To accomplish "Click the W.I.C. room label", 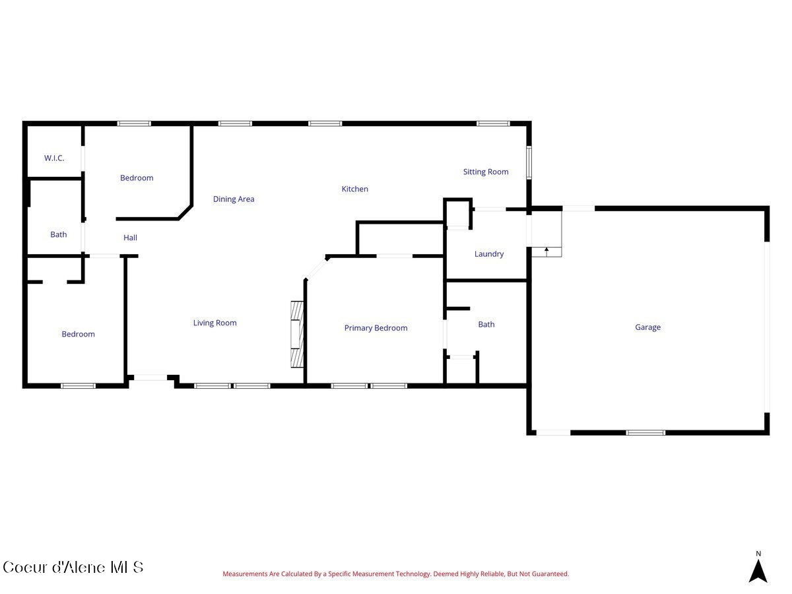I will (x=54, y=158).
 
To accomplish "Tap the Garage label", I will (x=647, y=327).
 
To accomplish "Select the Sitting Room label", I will (x=486, y=172).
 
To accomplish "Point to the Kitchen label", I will (x=354, y=189).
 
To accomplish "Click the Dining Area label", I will (x=234, y=199).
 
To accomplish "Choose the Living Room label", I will (x=214, y=323).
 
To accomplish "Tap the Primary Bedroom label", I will (x=376, y=328).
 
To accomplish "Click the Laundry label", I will (x=489, y=254).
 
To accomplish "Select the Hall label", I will (x=131, y=238).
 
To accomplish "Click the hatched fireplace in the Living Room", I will (x=297, y=334).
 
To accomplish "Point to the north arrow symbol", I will (x=758, y=569).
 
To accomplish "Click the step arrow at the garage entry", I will (x=546, y=251).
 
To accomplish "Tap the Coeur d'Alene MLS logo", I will (x=73, y=567).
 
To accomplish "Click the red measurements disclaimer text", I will (x=395, y=574).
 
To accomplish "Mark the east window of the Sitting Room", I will (x=529, y=162).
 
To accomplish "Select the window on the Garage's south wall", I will (x=645, y=432).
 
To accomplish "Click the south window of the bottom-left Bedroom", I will (x=79, y=385).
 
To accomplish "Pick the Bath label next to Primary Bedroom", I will (x=486, y=325).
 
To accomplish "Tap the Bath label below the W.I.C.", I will (x=59, y=234).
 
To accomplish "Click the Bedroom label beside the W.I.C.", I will (x=137, y=178).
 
